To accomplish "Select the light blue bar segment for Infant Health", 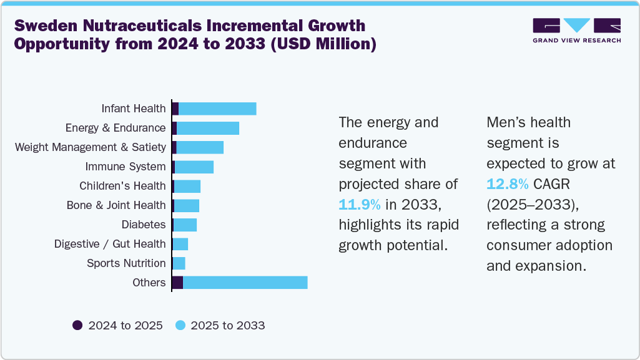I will pyautogui.click(x=217, y=109).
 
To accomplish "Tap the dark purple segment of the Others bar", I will pyautogui.click(x=177, y=283).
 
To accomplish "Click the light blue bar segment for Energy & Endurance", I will pyautogui.click(x=208, y=128).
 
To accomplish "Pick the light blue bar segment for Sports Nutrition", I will pyautogui.click(x=179, y=263).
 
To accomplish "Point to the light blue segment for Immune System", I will pyautogui.click(x=194, y=167).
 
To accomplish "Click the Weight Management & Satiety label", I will pyautogui.click(x=91, y=147).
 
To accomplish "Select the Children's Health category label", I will pyautogui.click(x=122, y=186).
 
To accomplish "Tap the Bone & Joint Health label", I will pyautogui.click(x=116, y=205).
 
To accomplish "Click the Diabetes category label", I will pyautogui.click(x=144, y=225).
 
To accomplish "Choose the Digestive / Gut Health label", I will pyautogui.click(x=110, y=244).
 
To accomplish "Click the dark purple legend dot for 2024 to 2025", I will pyautogui.click(x=77, y=325).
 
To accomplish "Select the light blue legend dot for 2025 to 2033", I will pyautogui.click(x=180, y=325).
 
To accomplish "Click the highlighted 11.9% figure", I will pyautogui.click(x=359, y=204).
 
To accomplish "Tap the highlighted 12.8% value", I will pyautogui.click(x=508, y=184).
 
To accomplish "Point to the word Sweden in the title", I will pyautogui.click(x=42, y=26).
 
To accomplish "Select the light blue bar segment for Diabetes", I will pyautogui.click(x=185, y=225).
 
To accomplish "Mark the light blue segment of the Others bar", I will pyautogui.click(x=245, y=283).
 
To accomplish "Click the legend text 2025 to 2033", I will pyautogui.click(x=227, y=325).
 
